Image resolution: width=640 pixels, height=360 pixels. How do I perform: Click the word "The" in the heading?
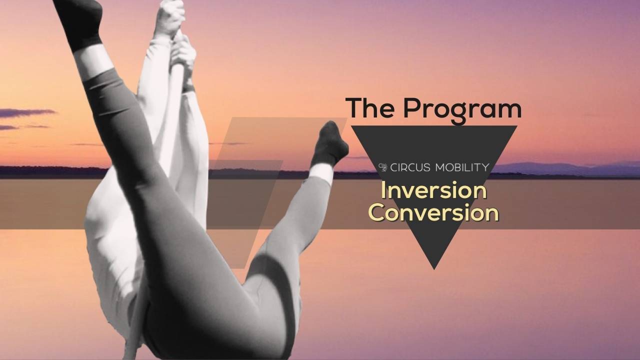(370, 107)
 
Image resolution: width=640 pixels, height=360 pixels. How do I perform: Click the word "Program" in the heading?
(462, 108)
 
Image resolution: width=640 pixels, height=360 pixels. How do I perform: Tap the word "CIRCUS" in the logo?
(409, 167)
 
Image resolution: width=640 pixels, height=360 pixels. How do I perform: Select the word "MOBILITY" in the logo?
(461, 167)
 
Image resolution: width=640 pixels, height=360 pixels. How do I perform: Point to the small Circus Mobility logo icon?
(383, 167)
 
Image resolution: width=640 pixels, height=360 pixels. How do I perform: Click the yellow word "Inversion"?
(433, 191)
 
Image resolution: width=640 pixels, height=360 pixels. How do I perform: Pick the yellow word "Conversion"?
(433, 212)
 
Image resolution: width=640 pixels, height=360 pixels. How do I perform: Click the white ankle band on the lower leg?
(320, 173)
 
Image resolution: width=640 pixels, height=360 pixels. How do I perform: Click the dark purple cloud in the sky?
(25, 113)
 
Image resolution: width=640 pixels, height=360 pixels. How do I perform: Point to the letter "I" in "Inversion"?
(383, 190)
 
